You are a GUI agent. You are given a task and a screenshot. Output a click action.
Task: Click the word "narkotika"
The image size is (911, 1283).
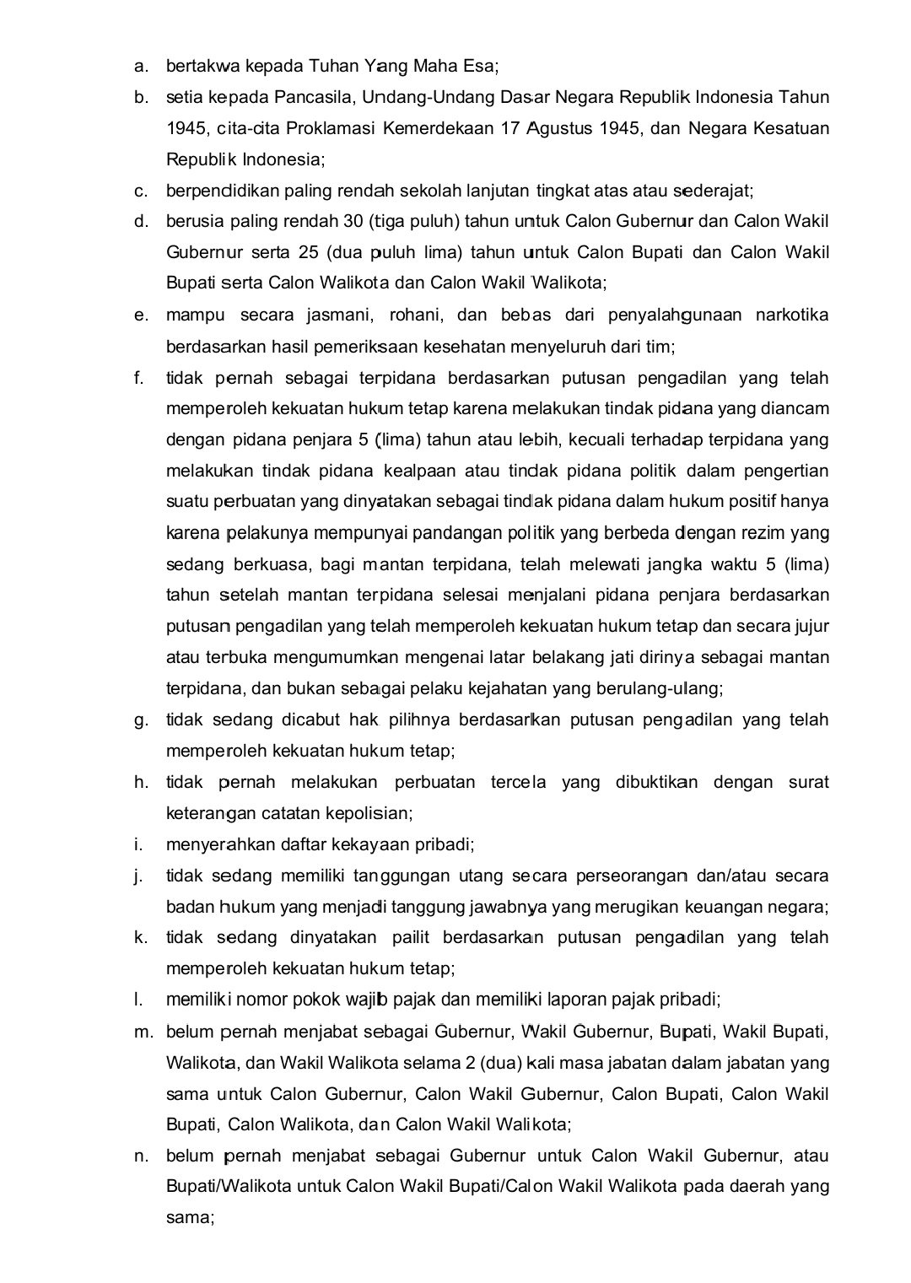(791, 315)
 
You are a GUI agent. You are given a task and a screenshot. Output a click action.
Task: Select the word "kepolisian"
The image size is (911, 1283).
(369, 813)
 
